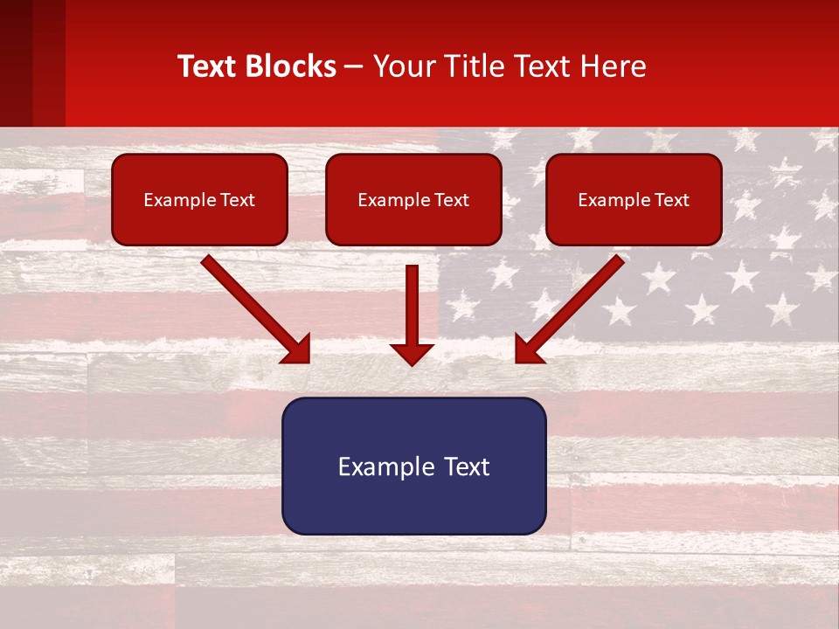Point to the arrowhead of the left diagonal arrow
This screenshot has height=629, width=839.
(x=298, y=350)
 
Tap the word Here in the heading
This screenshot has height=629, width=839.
(x=616, y=66)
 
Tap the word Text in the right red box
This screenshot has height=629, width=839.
(x=671, y=200)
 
